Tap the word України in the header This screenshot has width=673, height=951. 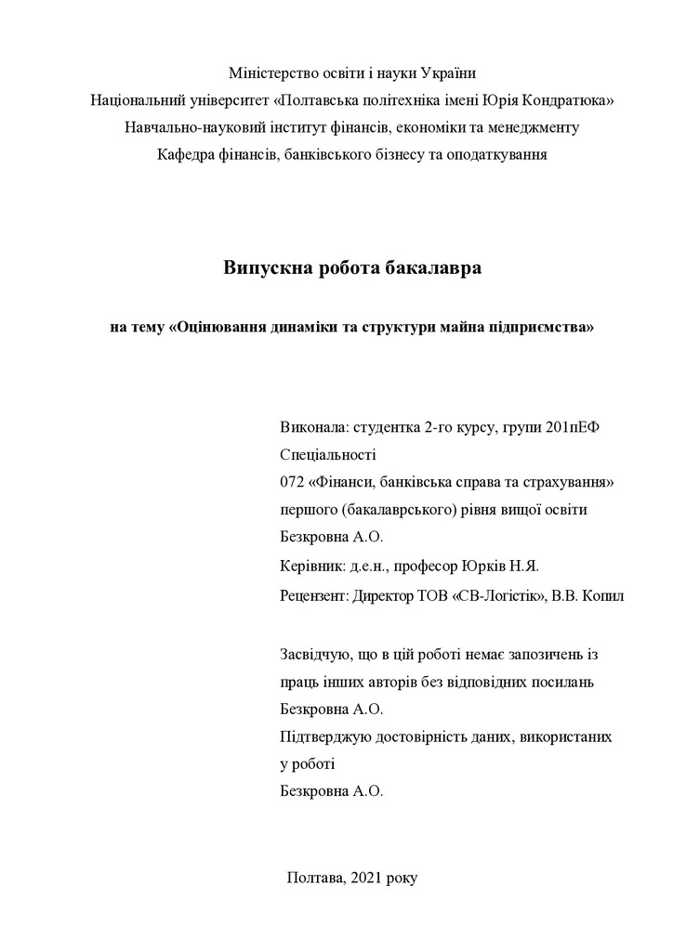pyautogui.click(x=449, y=72)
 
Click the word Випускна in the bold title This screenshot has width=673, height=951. pyautogui.click(x=265, y=269)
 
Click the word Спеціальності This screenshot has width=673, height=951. pyautogui.click(x=327, y=456)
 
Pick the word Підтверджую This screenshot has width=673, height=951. pyautogui.click(x=323, y=736)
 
